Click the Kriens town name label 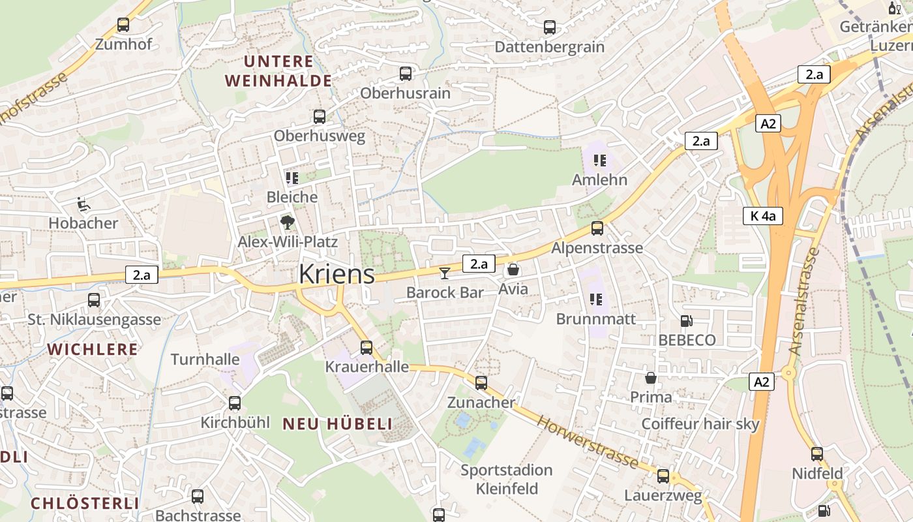[337, 274]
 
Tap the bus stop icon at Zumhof [123, 25]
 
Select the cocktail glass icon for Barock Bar [445, 273]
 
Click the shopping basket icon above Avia [513, 269]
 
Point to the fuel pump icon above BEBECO [686, 321]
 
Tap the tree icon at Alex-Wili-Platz [287, 223]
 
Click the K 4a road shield [762, 216]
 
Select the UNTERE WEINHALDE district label [278, 71]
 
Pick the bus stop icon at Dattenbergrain [550, 27]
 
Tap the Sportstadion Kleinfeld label [507, 479]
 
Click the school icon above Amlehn [600, 161]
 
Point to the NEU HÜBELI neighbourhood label [338, 424]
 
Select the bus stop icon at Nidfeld [817, 454]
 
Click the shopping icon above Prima [651, 378]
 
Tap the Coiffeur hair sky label [700, 424]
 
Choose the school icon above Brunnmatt [595, 299]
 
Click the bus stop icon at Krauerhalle [367, 348]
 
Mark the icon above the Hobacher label [83, 204]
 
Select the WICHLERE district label [93, 349]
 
